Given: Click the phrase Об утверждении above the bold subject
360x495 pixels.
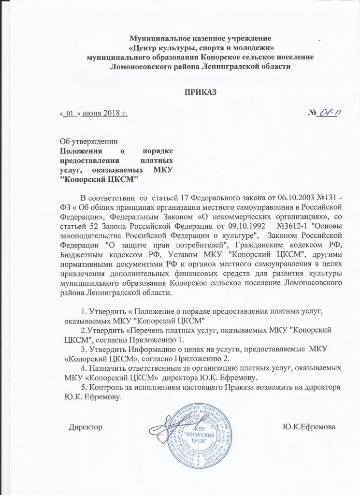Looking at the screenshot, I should [x=88, y=142].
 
